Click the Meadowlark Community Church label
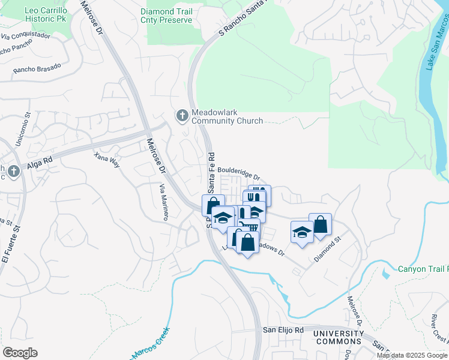click(227, 116)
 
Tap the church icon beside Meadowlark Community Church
click(182, 115)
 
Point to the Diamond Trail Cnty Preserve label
click(166, 16)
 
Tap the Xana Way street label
click(107, 160)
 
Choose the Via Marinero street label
click(162, 202)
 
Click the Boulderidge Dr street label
click(238, 173)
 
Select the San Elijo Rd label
click(284, 330)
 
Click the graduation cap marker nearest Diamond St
click(302, 232)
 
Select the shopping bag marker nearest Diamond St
click(321, 224)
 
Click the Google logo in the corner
click(20, 352)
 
